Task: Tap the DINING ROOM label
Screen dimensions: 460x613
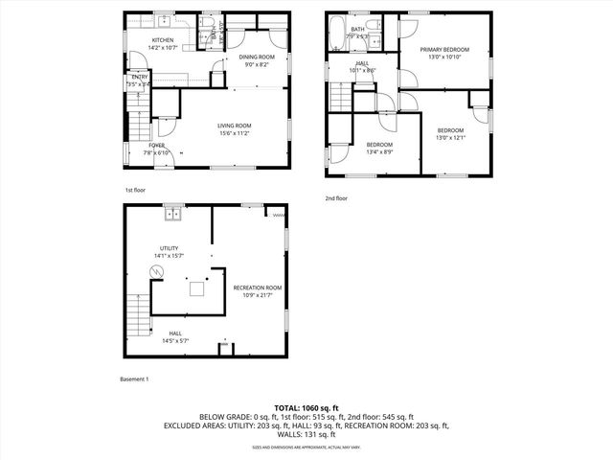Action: click(256, 57)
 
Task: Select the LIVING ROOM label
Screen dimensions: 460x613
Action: click(234, 126)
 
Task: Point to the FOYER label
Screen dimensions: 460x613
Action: click(155, 146)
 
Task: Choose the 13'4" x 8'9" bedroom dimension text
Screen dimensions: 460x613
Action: click(379, 152)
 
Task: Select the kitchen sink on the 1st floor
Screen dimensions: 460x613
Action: click(164, 19)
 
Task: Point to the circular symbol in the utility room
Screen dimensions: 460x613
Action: click(158, 273)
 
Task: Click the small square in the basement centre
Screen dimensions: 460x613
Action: click(198, 288)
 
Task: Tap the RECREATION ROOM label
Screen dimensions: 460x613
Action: click(258, 287)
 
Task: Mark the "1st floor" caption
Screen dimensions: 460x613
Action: click(135, 191)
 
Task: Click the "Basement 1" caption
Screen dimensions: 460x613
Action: click(135, 378)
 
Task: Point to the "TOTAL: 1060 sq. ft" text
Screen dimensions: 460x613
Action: click(306, 408)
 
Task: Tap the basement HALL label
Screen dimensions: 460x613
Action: click(174, 333)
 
